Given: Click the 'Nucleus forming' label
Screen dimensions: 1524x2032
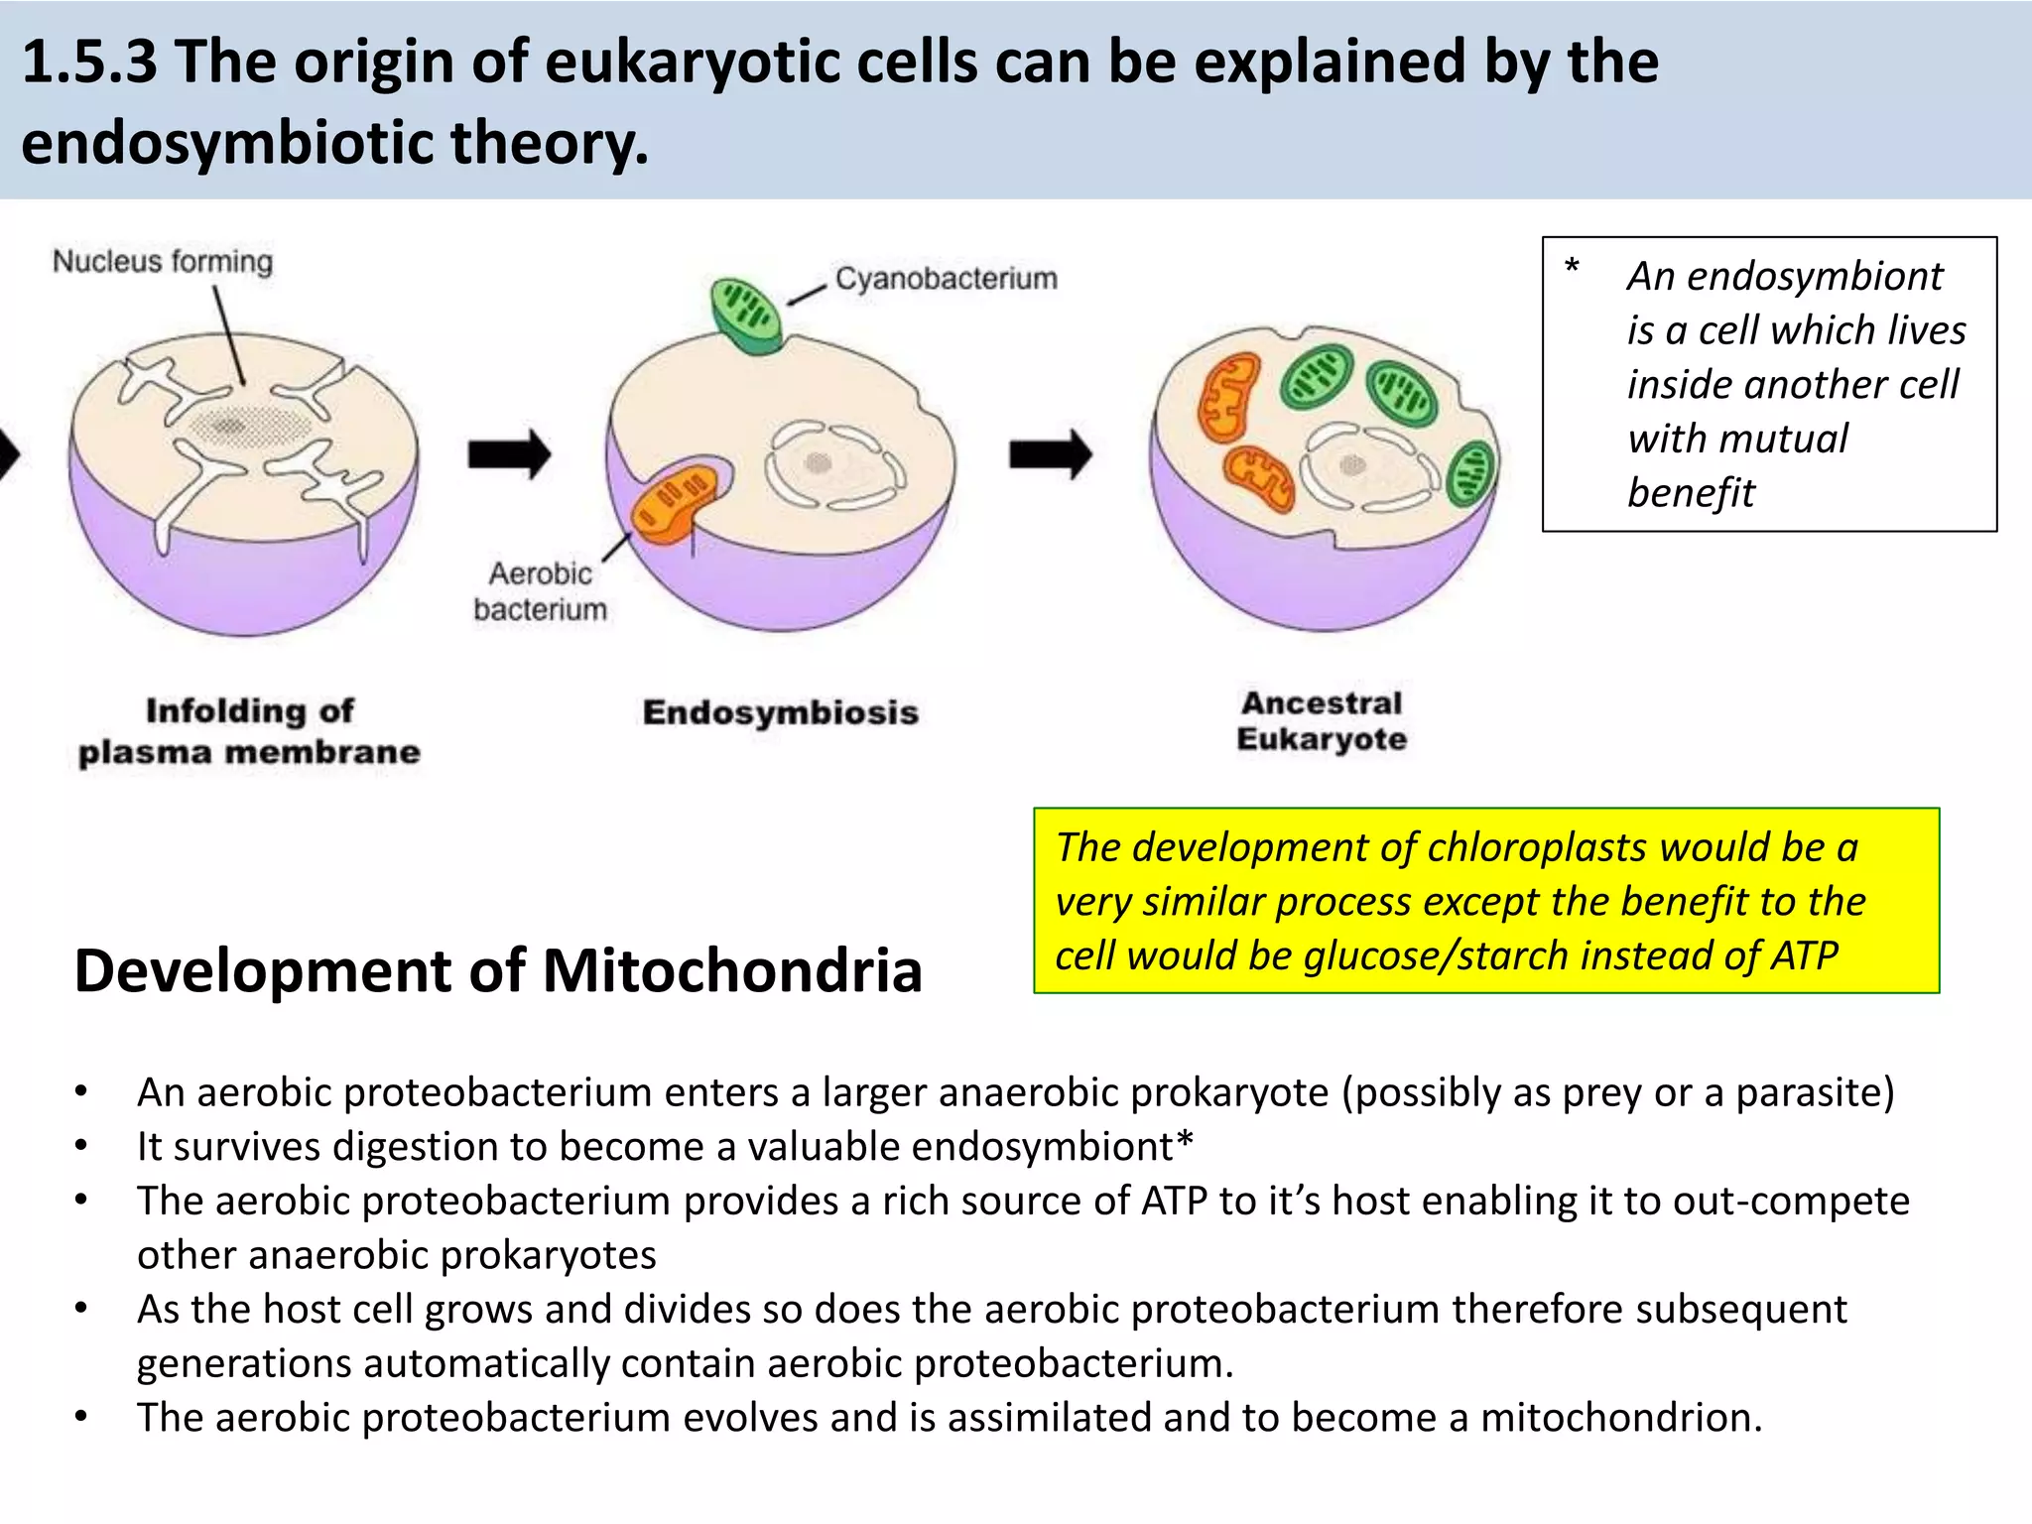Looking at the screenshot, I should click(162, 262).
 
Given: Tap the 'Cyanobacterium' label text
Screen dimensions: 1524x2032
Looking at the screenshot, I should click(946, 279).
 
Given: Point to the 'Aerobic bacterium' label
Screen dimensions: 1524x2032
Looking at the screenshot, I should click(540, 591).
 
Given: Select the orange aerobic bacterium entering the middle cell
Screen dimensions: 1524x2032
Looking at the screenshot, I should click(674, 501).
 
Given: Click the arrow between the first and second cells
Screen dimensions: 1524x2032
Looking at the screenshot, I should click(509, 455).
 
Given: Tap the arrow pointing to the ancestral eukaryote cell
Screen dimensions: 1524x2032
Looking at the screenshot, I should click(1050, 455).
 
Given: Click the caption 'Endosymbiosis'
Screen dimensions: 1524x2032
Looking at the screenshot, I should click(780, 712).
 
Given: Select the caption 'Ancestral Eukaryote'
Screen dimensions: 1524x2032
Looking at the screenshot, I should click(1322, 721).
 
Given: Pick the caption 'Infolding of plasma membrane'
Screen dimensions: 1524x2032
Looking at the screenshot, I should click(249, 731).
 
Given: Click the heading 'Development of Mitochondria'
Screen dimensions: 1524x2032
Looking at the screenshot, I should click(498, 970).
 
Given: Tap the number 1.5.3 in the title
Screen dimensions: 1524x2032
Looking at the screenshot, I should click(89, 62).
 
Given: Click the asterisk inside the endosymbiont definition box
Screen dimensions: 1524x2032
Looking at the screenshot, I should click(1572, 268).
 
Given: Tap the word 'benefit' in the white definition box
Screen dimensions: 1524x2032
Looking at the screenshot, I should click(1691, 493).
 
